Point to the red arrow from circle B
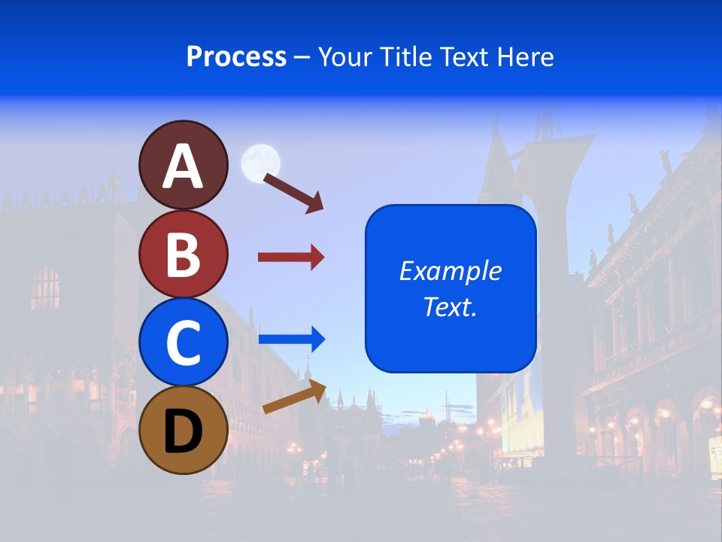click(x=291, y=257)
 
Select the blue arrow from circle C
click(x=291, y=340)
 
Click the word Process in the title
click(x=236, y=56)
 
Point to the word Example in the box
click(x=450, y=271)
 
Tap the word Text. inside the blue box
click(x=450, y=306)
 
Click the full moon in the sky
click(x=260, y=163)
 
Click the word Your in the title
click(x=347, y=56)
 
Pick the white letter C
click(x=183, y=343)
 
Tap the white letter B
click(x=183, y=255)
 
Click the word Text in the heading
click(x=462, y=56)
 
